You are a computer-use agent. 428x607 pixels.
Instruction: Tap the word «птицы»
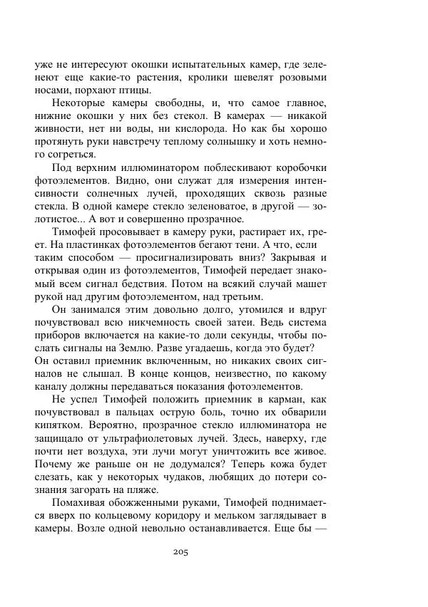click(133, 90)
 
